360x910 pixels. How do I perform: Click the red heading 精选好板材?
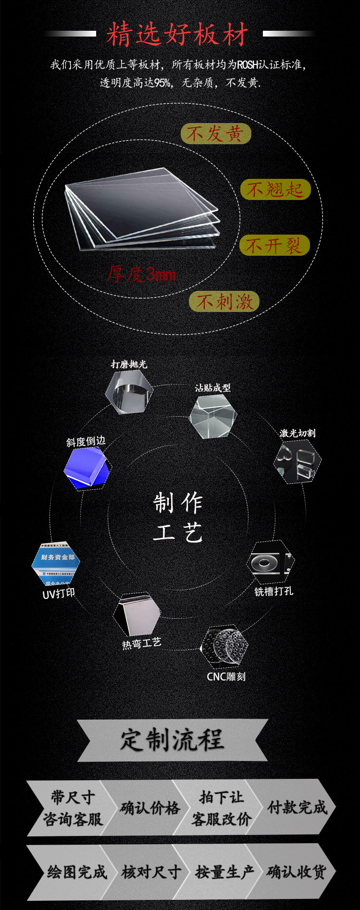(177, 34)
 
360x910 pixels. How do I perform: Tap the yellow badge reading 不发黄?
(216, 134)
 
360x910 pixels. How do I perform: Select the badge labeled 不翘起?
(275, 189)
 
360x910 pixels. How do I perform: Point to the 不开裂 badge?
(274, 246)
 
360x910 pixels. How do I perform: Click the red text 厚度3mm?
(141, 274)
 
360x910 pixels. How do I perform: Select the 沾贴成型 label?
(212, 387)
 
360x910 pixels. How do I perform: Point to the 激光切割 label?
(298, 433)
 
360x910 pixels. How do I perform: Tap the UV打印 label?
(59, 594)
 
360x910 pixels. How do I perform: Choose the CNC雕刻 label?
(226, 676)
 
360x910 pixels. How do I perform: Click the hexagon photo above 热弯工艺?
(137, 614)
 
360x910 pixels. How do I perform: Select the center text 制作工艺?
(178, 517)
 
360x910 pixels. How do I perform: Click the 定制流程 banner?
(172, 740)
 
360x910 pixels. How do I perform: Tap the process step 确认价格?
(149, 808)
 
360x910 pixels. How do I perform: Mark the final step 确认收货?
(296, 872)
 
